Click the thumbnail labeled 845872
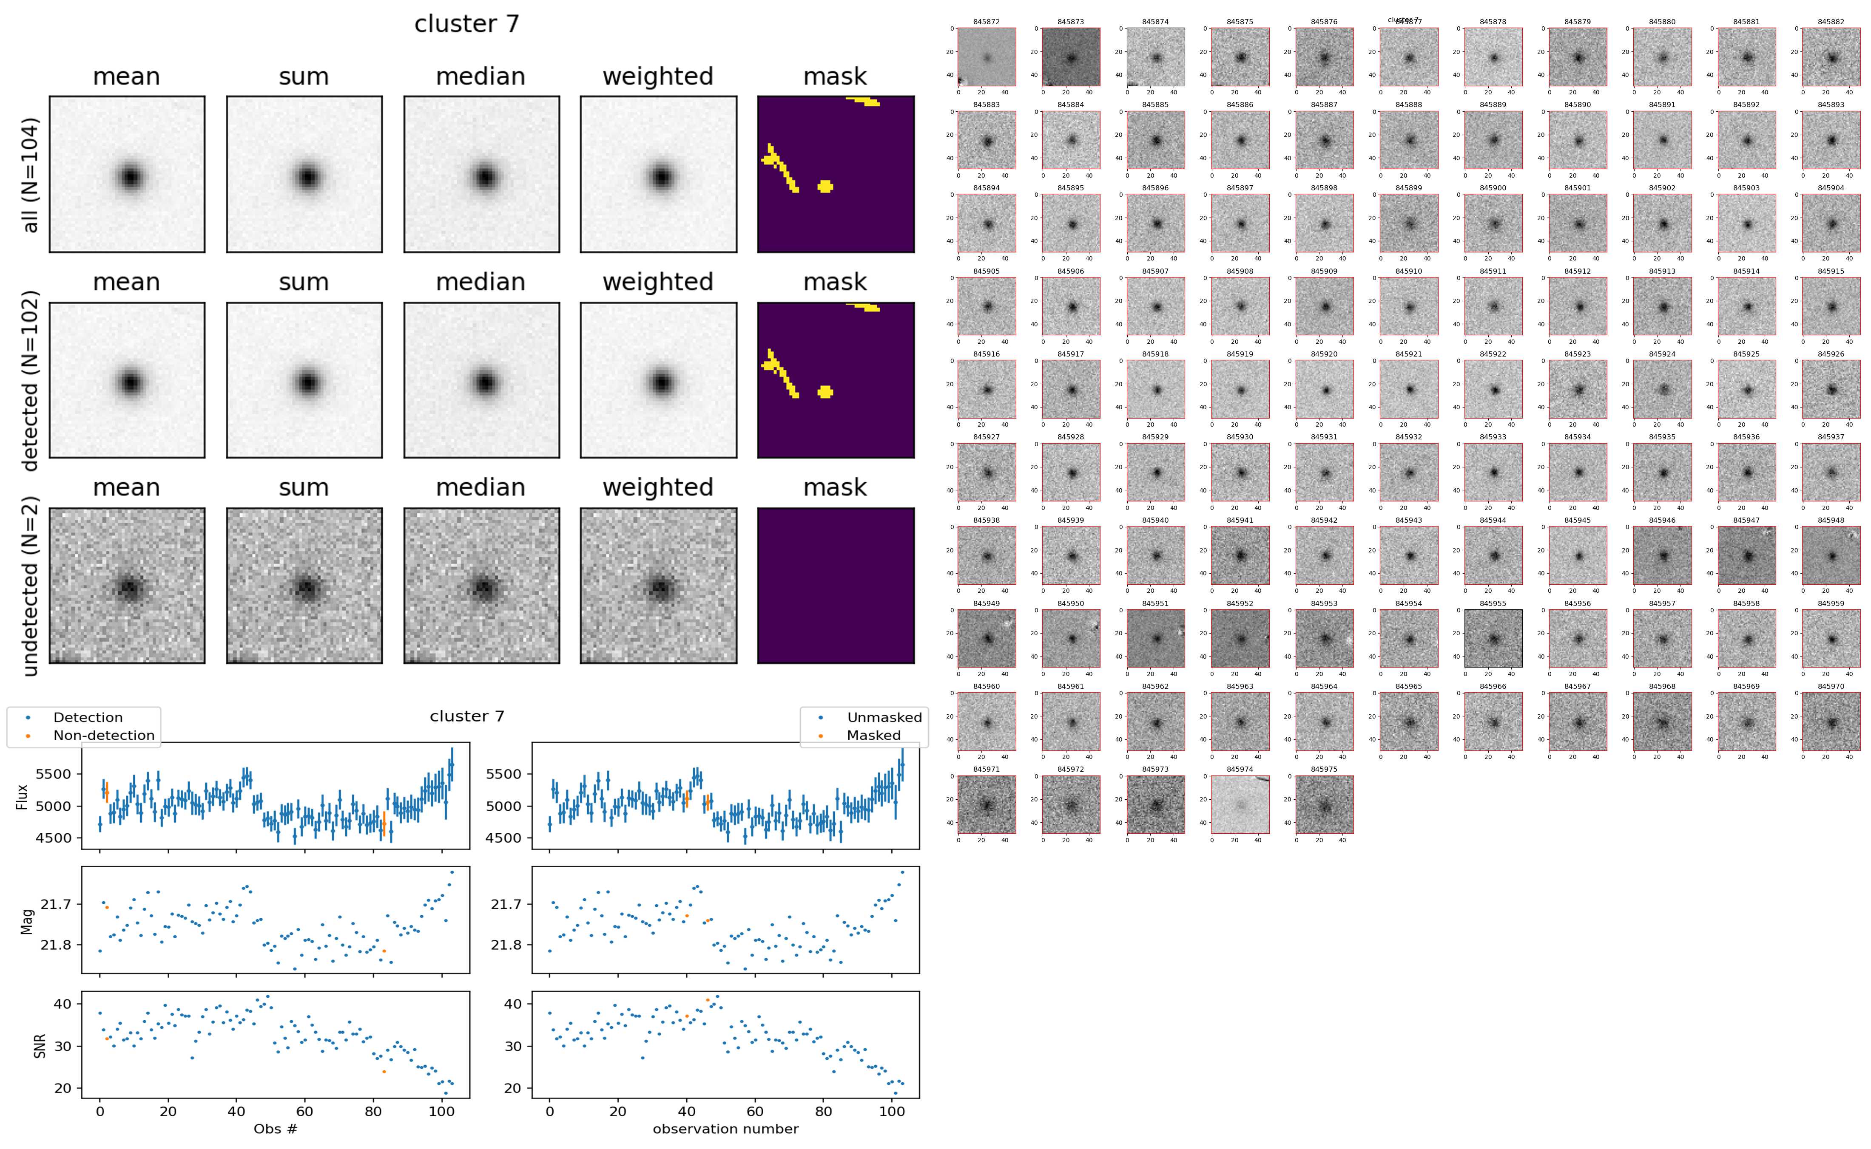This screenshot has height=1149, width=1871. click(986, 57)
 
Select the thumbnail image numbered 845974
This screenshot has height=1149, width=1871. click(1240, 805)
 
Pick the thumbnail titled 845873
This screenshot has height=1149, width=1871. click(1070, 57)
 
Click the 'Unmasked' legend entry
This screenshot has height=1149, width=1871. click(884, 717)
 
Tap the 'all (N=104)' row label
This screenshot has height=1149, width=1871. click(31, 175)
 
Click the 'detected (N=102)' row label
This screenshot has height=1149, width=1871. click(31, 380)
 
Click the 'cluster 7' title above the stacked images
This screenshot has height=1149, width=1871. click(466, 24)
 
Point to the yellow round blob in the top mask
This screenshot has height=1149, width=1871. click(825, 186)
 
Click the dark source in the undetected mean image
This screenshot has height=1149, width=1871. click(129, 587)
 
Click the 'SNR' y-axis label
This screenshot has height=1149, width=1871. click(40, 1046)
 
